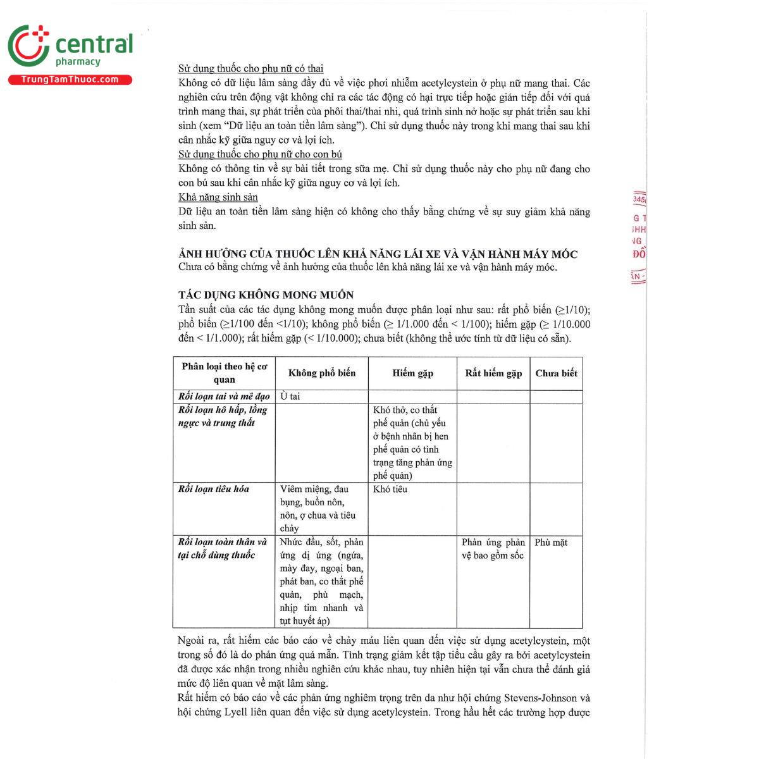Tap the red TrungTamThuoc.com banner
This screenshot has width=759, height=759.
point(70,80)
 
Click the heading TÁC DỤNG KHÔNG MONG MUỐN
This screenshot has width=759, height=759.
point(266,295)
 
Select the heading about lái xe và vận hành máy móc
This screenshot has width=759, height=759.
point(378,254)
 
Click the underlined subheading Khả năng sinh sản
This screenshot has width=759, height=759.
point(218,197)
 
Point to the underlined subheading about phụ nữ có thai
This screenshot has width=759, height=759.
point(250,68)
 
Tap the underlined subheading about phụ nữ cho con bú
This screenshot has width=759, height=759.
point(260,154)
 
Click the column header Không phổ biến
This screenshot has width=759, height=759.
point(322,373)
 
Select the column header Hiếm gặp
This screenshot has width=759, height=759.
point(412,373)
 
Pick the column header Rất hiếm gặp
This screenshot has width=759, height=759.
point(493,373)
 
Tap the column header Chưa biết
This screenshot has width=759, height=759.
point(556,373)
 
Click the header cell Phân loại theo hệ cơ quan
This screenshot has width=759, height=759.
point(225,373)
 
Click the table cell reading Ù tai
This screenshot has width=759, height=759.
point(290,397)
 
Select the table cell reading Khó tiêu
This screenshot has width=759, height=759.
point(390,489)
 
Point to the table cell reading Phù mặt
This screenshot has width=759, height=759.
point(551,542)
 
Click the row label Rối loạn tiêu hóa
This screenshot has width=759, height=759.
point(214,489)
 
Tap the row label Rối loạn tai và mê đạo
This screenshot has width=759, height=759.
point(224,397)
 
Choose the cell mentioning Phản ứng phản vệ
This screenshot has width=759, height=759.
point(493,549)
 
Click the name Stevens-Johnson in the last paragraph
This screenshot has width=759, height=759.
point(540,698)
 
